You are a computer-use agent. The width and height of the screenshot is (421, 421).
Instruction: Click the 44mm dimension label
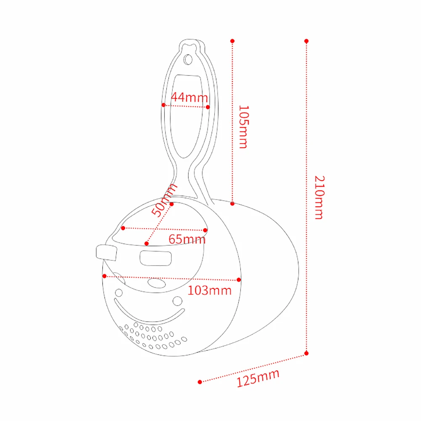pyautogui.click(x=189, y=97)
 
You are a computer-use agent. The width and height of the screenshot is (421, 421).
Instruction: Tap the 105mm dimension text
pyautogui.click(x=243, y=127)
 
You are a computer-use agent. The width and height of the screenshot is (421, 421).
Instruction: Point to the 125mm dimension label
pyautogui.click(x=258, y=378)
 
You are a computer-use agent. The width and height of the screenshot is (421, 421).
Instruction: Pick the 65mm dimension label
pyautogui.click(x=187, y=240)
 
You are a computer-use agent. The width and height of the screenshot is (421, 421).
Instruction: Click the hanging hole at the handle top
pyautogui.click(x=188, y=59)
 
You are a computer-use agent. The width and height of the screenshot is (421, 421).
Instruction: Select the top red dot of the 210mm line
pyautogui.click(x=306, y=41)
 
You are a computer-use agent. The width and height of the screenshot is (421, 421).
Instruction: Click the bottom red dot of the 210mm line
pyautogui.click(x=306, y=353)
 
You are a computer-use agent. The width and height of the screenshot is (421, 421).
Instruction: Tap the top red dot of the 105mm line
pyautogui.click(x=232, y=41)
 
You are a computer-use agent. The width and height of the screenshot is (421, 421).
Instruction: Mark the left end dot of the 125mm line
pyautogui.click(x=200, y=382)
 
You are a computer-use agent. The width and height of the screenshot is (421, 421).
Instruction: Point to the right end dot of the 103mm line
pyautogui.click(x=239, y=280)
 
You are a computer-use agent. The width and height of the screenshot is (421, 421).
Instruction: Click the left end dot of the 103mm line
pyautogui.click(x=104, y=276)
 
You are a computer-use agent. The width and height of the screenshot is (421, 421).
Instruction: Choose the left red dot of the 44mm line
pyautogui.click(x=163, y=105)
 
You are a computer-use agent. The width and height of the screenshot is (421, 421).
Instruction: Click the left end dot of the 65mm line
pyautogui.click(x=123, y=228)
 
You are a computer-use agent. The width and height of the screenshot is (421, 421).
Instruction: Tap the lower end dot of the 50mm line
pyautogui.click(x=147, y=243)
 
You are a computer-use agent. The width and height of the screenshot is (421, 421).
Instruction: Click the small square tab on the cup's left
pyautogui.click(x=106, y=253)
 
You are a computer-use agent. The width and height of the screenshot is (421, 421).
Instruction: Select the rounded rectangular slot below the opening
pyautogui.click(x=155, y=258)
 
